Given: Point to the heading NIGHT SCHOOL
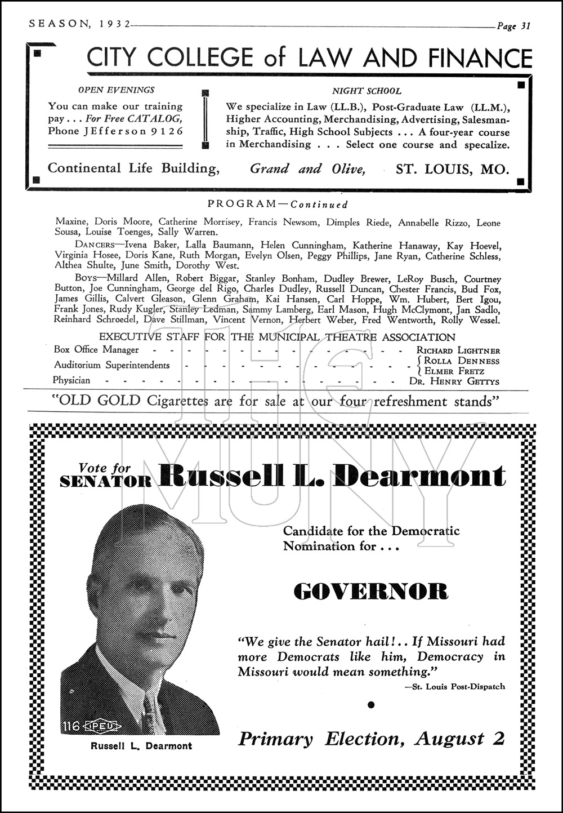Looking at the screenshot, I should [367, 91].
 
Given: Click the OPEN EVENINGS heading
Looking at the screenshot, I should [116, 90].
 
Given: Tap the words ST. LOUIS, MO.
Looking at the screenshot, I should [452, 168].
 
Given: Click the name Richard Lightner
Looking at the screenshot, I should [458, 350].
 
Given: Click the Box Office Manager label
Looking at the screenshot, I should [96, 350].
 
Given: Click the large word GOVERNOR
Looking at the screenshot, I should [371, 592].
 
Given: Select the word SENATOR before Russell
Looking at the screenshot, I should [106, 481].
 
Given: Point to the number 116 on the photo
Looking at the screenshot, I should [72, 726].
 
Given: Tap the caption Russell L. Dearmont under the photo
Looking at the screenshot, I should [141, 746].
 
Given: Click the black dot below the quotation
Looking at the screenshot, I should [370, 704].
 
